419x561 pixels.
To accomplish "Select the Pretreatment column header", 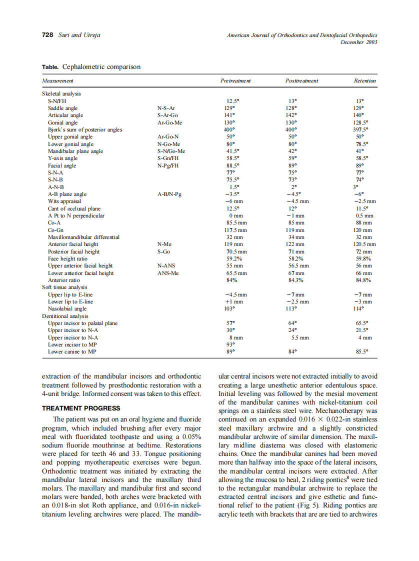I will tap(235, 80).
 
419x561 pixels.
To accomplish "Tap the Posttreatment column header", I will tap(301, 80).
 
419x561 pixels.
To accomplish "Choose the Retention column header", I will tap(364, 80).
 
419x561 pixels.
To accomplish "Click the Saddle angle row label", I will tap(62, 108).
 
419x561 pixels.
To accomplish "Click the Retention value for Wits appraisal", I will tap(364, 201).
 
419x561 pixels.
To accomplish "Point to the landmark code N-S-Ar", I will tap(166, 108).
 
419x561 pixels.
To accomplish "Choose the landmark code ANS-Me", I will tap(167, 273).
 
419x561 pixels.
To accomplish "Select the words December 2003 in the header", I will tap(358, 42).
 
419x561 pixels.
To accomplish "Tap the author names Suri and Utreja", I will tap(79, 35).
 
